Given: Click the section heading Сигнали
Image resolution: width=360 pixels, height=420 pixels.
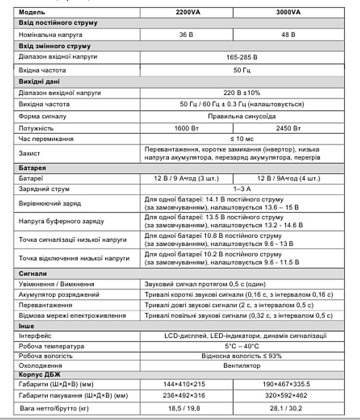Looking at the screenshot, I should pyautogui.click(x=33, y=273).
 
